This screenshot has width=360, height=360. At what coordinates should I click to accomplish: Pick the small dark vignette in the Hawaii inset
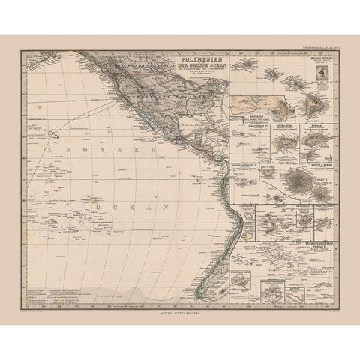tap(323, 73)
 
